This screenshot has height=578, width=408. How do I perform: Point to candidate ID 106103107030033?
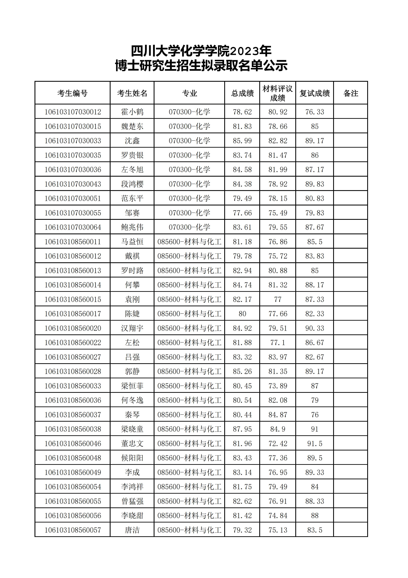[x=73, y=141]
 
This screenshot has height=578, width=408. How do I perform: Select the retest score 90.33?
[x=315, y=328]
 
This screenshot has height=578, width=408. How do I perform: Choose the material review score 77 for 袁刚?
[x=278, y=299]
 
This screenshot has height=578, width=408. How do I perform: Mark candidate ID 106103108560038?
[x=73, y=429]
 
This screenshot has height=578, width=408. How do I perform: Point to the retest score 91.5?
[x=315, y=444]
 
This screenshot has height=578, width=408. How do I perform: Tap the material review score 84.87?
[x=278, y=415]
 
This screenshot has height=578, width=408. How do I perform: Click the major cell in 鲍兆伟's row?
[x=189, y=227]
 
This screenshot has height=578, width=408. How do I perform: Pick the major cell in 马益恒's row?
[x=189, y=242]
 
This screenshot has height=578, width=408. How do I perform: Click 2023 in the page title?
[x=244, y=52]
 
